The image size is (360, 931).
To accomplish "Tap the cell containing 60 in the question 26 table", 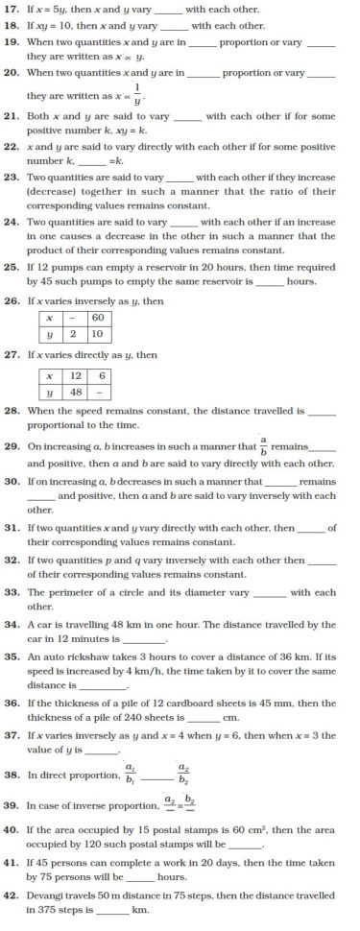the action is click(97, 318).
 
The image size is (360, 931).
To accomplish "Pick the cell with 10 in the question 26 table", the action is click(97, 334).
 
